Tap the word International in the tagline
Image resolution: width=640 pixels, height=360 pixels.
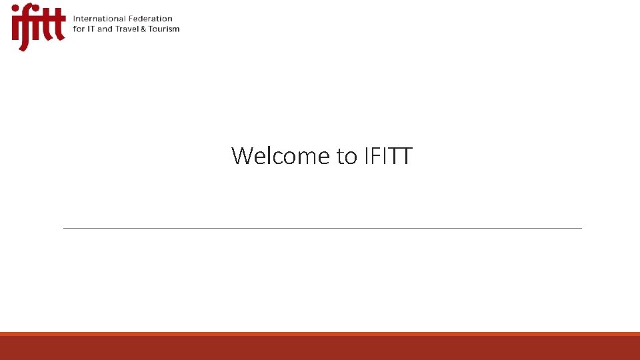pyautogui.click(x=97, y=19)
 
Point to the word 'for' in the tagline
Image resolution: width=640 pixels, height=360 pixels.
pyautogui.click(x=79, y=29)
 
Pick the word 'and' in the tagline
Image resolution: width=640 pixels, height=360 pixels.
pyautogui.click(x=105, y=29)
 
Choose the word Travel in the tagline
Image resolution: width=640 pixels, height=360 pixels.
pyautogui.click(x=127, y=29)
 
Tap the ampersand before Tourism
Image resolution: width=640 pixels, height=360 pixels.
pyautogui.click(x=144, y=29)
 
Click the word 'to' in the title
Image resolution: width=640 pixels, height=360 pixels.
pyautogui.click(x=347, y=156)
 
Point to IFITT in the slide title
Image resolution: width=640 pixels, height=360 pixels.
pyautogui.click(x=388, y=156)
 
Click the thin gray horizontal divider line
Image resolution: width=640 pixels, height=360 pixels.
pyautogui.click(x=322, y=228)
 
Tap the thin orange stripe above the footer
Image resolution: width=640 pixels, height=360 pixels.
pyautogui.click(x=320, y=333)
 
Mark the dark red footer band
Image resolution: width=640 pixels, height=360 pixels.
pyautogui.click(x=320, y=348)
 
